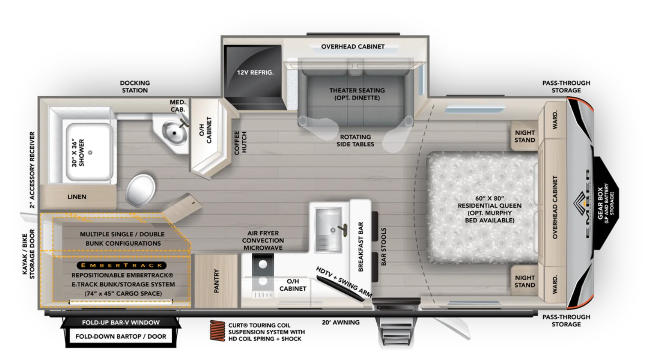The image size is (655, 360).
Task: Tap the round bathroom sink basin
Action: click(x=174, y=133)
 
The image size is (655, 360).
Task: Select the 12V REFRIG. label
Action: click(x=255, y=72)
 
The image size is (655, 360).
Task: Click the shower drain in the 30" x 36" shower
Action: click(x=90, y=152)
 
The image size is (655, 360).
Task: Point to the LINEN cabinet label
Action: click(x=77, y=197)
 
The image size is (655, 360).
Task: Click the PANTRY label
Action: click(x=217, y=281)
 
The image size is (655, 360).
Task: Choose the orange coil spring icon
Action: click(x=217, y=331)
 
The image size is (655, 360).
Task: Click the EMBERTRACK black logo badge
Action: click(x=122, y=265)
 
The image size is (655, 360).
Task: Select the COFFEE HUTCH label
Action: click(x=240, y=143)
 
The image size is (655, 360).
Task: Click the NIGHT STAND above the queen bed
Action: click(x=524, y=136)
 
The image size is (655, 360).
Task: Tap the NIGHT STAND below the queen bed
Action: click(x=524, y=281)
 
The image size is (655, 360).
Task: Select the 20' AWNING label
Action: click(x=341, y=322)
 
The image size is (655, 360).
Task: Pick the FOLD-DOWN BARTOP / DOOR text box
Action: click(x=120, y=337)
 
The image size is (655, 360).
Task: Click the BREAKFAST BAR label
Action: click(x=361, y=247)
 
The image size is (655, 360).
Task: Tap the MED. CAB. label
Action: click(x=178, y=106)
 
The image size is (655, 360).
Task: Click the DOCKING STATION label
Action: click(x=135, y=86)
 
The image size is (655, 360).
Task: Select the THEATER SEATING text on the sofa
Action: click(x=357, y=91)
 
